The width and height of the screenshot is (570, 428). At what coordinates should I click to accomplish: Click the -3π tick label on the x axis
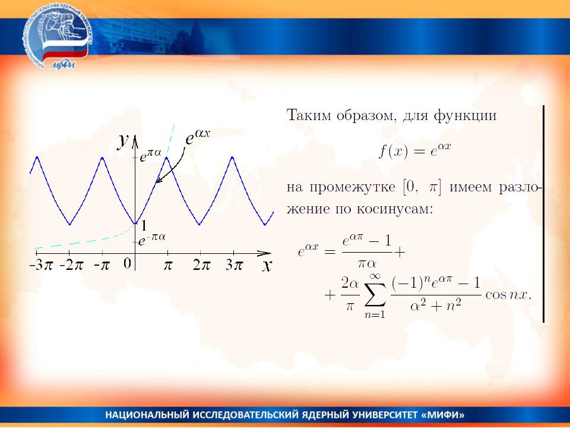point(41,265)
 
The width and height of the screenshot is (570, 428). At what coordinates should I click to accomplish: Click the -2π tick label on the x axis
point(72,265)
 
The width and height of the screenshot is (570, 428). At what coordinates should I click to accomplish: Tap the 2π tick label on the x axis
point(201,265)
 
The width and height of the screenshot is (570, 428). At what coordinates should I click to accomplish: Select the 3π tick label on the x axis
point(234,265)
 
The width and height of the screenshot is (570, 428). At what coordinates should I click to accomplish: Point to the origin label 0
point(127,263)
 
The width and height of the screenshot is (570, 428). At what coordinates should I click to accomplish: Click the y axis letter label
point(123,140)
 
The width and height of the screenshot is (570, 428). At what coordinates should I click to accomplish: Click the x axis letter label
point(267,266)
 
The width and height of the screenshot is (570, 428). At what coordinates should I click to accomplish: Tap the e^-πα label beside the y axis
point(151,239)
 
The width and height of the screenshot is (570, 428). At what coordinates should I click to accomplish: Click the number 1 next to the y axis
point(144,226)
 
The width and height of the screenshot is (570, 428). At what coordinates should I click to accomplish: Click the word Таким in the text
point(309,115)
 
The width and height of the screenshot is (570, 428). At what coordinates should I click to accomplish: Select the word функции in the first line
point(465,116)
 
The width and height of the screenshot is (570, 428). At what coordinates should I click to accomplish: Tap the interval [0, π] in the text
point(422,187)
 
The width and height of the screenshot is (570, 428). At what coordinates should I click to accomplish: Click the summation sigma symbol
point(375,295)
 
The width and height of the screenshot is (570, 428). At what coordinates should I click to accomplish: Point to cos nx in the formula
point(508,294)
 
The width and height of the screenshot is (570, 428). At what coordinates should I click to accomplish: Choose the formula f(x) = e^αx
point(415,150)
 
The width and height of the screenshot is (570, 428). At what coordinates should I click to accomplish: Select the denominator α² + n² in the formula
point(436,305)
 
